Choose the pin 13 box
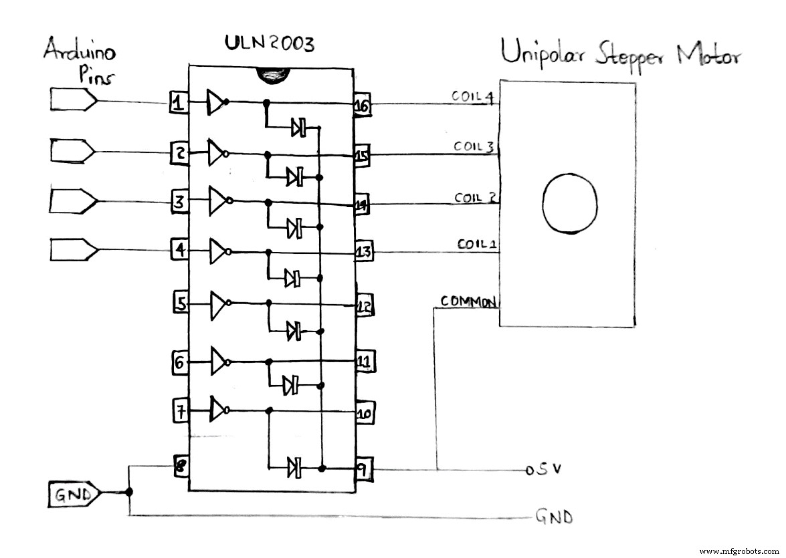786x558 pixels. tap(363, 253)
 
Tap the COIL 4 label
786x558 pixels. tap(472, 96)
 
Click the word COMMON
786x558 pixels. tap(468, 302)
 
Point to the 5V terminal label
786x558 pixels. tap(543, 470)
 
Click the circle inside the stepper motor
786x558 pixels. tap(569, 204)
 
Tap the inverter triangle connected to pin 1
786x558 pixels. tap(215, 102)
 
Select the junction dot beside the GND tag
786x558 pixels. tap(129, 492)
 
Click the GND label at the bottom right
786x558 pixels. tap(554, 517)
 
